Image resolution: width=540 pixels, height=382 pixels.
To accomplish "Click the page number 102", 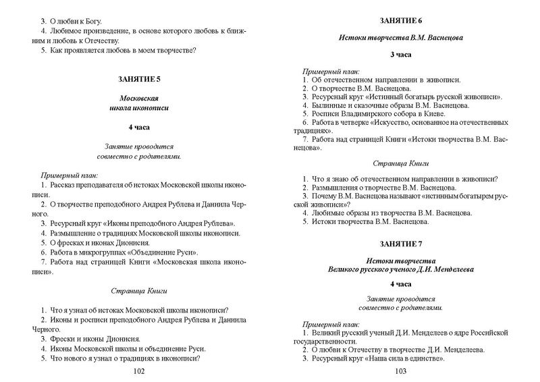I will pos(139,371).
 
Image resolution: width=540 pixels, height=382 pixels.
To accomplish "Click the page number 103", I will pos(400,371).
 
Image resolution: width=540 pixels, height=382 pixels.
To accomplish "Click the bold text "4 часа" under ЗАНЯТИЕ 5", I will pos(139,127).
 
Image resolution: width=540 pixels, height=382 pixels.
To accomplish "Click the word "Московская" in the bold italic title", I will pos(139,98).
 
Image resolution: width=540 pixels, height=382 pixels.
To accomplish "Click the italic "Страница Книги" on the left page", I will pos(139,291).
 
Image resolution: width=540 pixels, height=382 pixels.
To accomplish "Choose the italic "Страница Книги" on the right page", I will pos(400,163).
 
